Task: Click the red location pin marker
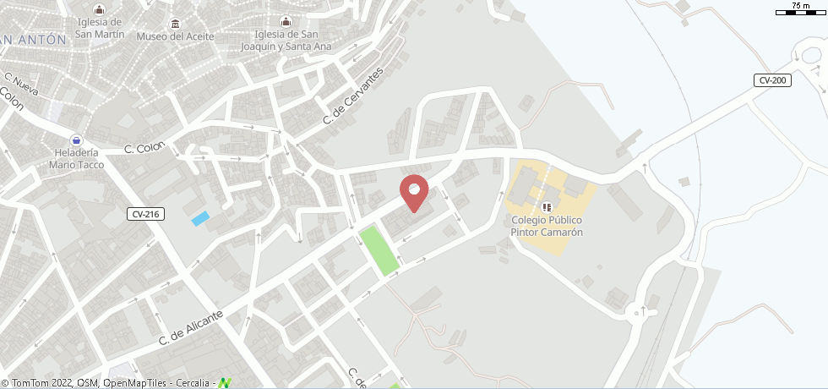[413, 192]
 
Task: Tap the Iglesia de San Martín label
[99, 28]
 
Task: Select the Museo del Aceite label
[175, 36]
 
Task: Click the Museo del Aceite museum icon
[175, 22]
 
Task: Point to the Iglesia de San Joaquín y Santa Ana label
[286, 40]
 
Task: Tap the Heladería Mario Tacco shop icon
[77, 140]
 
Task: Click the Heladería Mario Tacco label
[76, 159]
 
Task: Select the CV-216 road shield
[145, 215]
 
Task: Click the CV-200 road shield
[772, 80]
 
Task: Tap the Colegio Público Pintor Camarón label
[547, 227]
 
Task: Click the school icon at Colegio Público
[547, 206]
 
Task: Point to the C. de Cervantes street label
[353, 97]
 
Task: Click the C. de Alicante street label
[192, 327]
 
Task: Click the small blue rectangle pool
[200, 219]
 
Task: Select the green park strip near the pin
[379, 249]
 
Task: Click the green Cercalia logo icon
[225, 383]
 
